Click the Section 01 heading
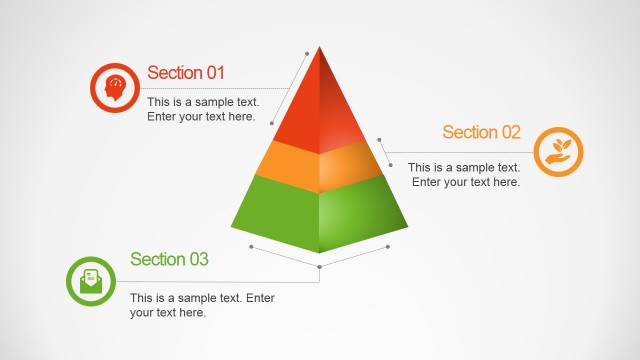pos(186,73)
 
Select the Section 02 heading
pos(481,132)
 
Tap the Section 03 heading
pos(169,259)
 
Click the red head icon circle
pos(114,88)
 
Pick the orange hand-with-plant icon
pos(558,152)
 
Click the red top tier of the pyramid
pos(320,110)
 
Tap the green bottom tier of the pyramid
pos(319,210)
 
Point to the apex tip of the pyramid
pos(320,48)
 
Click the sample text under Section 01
pos(203,109)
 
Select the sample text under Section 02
pos(465,175)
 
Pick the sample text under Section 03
pos(202,305)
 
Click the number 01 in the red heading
pos(215,73)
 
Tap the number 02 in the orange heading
pos(510,132)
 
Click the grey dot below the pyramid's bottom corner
pos(319,267)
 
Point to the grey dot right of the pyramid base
pos(387,245)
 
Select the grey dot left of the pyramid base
pos(251,245)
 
